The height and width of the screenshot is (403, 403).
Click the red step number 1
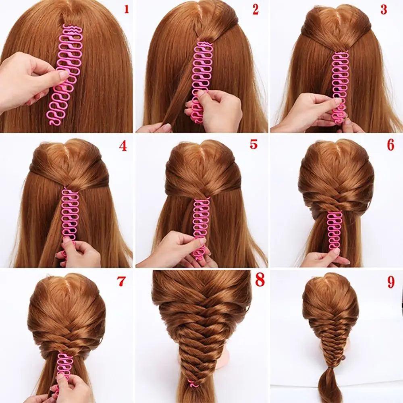[126, 9]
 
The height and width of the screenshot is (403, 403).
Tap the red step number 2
[255, 10]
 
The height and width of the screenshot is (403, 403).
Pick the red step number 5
[253, 144]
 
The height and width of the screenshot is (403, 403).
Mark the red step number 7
[121, 281]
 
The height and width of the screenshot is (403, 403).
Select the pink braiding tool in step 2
[201, 77]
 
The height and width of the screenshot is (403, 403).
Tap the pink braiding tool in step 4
[71, 214]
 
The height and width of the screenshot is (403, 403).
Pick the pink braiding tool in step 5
[200, 226]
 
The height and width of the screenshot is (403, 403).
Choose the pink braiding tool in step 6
[334, 230]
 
